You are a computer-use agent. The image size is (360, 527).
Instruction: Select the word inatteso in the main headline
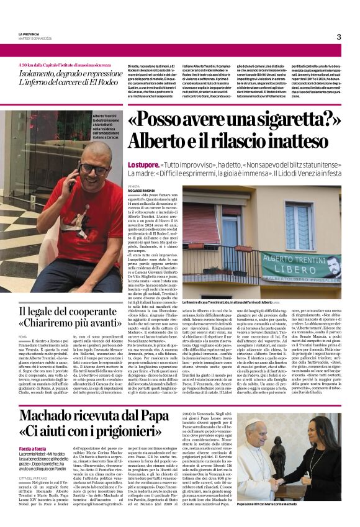(x=278, y=143)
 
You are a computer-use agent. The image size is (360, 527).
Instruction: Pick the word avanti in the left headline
(x=104, y=323)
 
